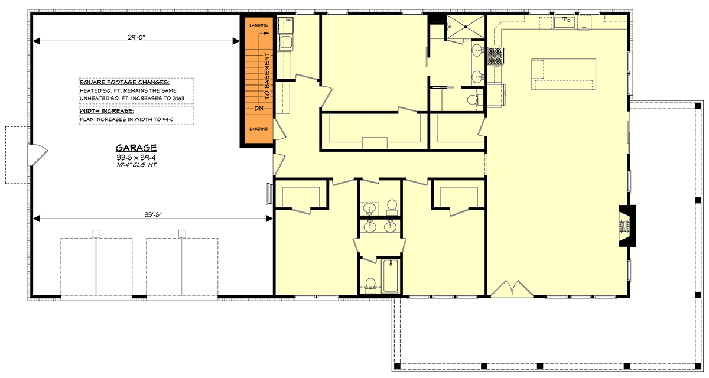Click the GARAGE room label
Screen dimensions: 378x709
(x=136, y=148)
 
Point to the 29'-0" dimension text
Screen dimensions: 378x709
(x=136, y=37)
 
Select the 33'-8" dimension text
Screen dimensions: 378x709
(x=151, y=215)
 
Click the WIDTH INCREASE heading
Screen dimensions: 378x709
(x=106, y=110)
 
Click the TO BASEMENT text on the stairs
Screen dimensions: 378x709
(x=266, y=75)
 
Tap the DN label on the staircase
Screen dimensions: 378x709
(x=258, y=109)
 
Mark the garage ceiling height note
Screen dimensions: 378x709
(x=136, y=166)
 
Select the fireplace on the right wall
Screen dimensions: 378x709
(x=627, y=224)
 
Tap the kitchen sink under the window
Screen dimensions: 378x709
(x=564, y=22)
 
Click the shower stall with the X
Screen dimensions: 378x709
(x=464, y=27)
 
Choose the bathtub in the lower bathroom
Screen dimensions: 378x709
(x=391, y=275)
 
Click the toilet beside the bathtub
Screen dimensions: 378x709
(x=370, y=285)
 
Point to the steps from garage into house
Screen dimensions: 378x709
(x=269, y=193)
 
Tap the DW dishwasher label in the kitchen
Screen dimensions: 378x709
(x=584, y=27)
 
